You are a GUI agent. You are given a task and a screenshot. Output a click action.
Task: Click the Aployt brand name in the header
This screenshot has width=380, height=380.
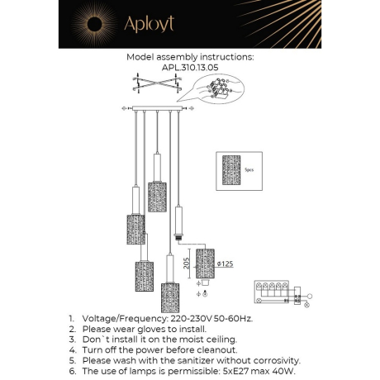click(150, 25)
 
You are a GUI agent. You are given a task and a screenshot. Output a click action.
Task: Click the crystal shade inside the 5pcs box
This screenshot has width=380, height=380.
click(232, 169)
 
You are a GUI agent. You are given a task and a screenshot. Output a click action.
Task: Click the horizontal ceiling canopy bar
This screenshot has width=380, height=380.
click(158, 107)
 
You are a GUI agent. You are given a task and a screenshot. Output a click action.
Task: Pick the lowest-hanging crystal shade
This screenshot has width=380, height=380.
click(170, 297)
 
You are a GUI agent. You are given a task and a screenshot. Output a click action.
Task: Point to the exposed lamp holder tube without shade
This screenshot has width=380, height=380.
click(179, 222)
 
